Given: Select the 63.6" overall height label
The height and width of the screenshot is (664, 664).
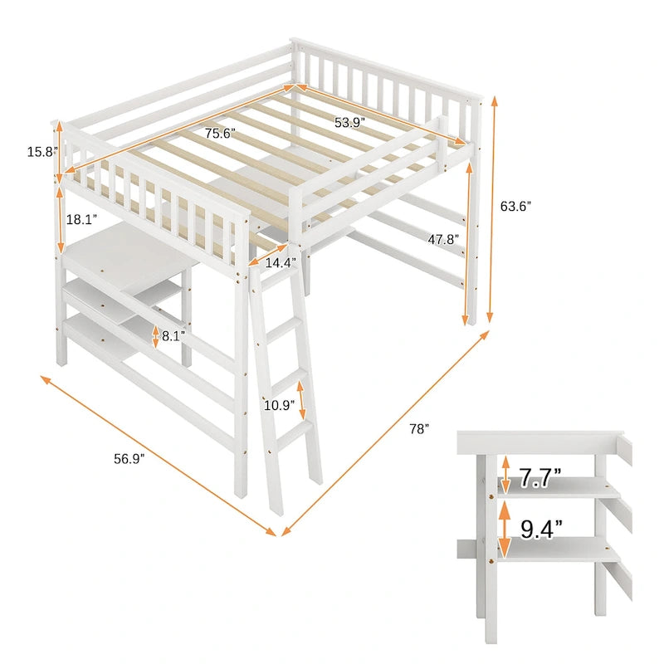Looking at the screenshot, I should pos(516,206).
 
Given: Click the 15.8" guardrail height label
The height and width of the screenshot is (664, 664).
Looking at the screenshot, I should pos(40,152).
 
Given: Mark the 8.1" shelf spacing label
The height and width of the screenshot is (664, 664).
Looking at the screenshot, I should pos(174,337).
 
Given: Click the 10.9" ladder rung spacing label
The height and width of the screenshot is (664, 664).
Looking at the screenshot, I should pos(278,406).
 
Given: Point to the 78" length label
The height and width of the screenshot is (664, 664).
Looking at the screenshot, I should pos(418,429).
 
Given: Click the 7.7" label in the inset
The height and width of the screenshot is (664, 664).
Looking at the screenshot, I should pos(540,477).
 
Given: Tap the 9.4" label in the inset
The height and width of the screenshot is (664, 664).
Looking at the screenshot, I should pos(540,527).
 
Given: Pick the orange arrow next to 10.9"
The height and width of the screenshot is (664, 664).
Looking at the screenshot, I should pos(302,401).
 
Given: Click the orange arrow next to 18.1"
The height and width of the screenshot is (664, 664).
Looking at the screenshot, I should pos(60,219).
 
